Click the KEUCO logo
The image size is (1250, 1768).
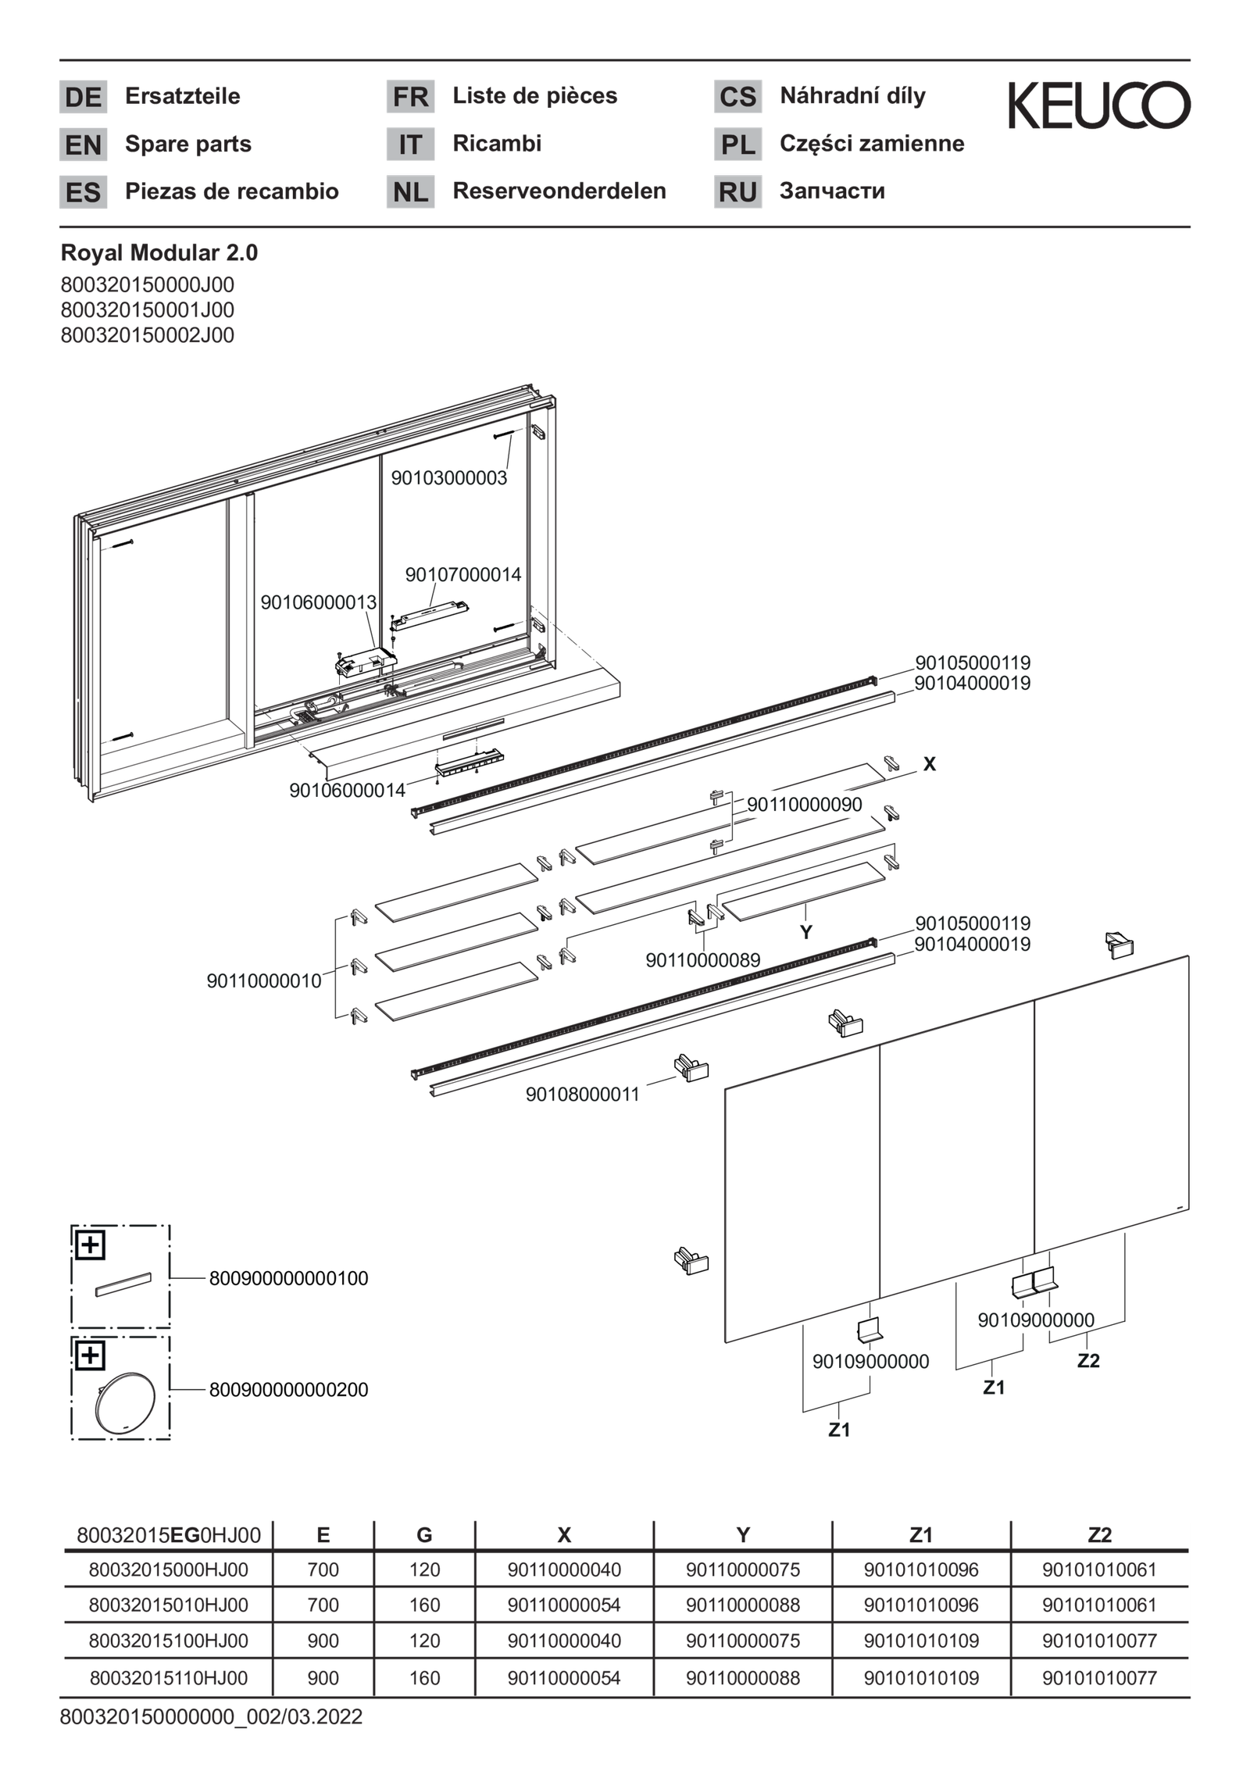click(1098, 105)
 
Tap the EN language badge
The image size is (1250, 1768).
click(83, 145)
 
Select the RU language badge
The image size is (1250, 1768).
click(737, 192)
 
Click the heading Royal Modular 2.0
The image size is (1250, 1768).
click(159, 253)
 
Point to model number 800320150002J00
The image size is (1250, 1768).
click(148, 335)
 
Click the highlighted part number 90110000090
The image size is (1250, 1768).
click(805, 805)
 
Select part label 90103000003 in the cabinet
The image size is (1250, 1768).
click(449, 478)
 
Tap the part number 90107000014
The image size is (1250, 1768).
click(463, 575)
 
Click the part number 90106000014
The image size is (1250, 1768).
click(347, 791)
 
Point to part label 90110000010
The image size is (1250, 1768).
click(264, 981)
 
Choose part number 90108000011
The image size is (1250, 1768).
click(582, 1095)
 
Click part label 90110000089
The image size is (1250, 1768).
click(702, 960)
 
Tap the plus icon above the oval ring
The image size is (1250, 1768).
click(91, 1356)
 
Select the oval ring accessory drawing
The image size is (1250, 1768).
click(125, 1402)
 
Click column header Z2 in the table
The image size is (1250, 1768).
click(1099, 1535)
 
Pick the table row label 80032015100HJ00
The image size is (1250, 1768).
click(169, 1641)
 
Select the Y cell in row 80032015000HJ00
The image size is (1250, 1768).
click(743, 1570)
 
